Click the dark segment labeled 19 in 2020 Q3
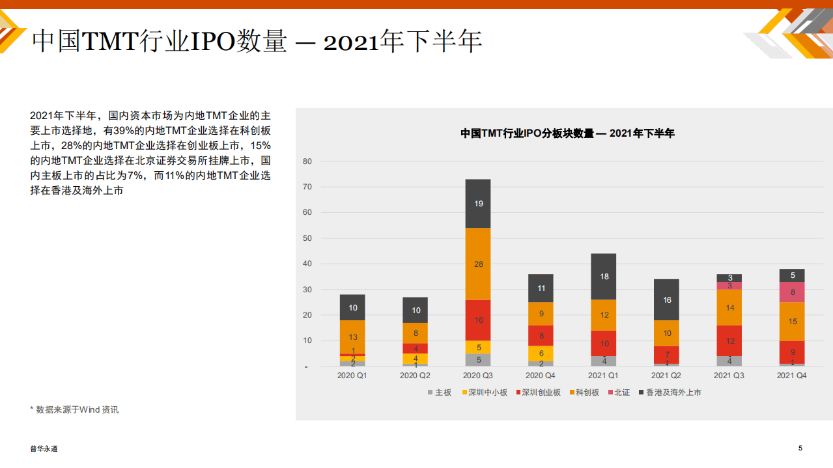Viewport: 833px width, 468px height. [x=478, y=204]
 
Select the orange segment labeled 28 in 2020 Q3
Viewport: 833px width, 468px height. [x=478, y=264]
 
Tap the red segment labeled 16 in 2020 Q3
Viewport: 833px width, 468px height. [x=478, y=320]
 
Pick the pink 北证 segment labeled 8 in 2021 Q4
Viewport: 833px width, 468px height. [x=792, y=292]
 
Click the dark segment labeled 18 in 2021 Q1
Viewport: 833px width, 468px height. [x=604, y=277]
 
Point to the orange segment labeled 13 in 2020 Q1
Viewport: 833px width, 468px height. [x=352, y=337]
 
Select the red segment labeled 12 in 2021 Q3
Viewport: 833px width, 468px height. [x=729, y=341]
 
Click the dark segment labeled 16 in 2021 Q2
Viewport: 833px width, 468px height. [x=667, y=300]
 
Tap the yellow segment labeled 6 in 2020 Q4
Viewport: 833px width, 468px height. [x=541, y=353]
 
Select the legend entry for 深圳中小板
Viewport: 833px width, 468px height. [x=485, y=392]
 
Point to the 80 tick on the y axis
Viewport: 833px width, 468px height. [x=307, y=161]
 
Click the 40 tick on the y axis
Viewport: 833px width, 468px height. [x=307, y=264]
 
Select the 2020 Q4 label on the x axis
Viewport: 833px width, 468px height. [x=541, y=376]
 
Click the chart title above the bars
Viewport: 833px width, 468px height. [x=567, y=133]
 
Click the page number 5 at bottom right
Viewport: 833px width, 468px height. [x=800, y=448]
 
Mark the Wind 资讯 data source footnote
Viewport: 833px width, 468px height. [x=74, y=409]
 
